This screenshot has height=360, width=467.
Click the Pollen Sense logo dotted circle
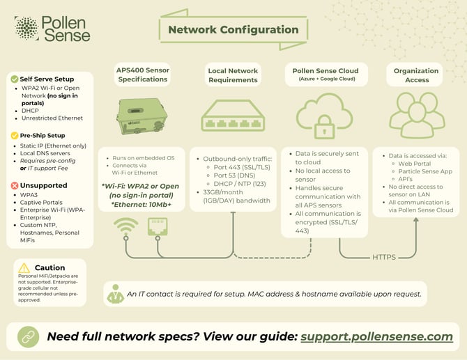point(26,29)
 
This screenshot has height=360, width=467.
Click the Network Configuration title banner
point(233,30)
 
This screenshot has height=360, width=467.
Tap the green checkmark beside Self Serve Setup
point(13,79)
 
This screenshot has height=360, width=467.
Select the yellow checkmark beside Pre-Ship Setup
point(13,135)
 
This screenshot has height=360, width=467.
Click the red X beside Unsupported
point(13,186)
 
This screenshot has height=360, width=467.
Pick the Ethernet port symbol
point(155,226)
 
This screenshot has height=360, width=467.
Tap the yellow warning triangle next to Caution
point(24,268)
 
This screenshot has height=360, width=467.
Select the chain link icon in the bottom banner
point(25,336)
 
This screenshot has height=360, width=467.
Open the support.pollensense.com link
point(376,336)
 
